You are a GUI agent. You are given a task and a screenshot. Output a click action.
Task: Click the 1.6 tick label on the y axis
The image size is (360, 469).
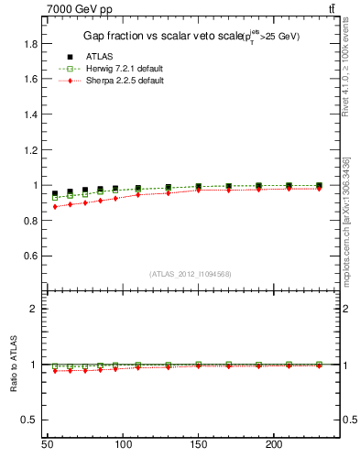(x=31, y=79)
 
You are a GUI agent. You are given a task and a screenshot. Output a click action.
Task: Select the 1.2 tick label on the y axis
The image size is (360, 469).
(x=31, y=149)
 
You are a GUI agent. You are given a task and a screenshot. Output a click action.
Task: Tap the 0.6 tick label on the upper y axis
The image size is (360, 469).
(x=31, y=256)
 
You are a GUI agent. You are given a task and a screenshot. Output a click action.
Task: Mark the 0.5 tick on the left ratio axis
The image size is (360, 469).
(x=31, y=420)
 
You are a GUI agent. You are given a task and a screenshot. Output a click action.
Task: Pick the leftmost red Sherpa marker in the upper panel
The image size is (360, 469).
(x=55, y=207)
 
